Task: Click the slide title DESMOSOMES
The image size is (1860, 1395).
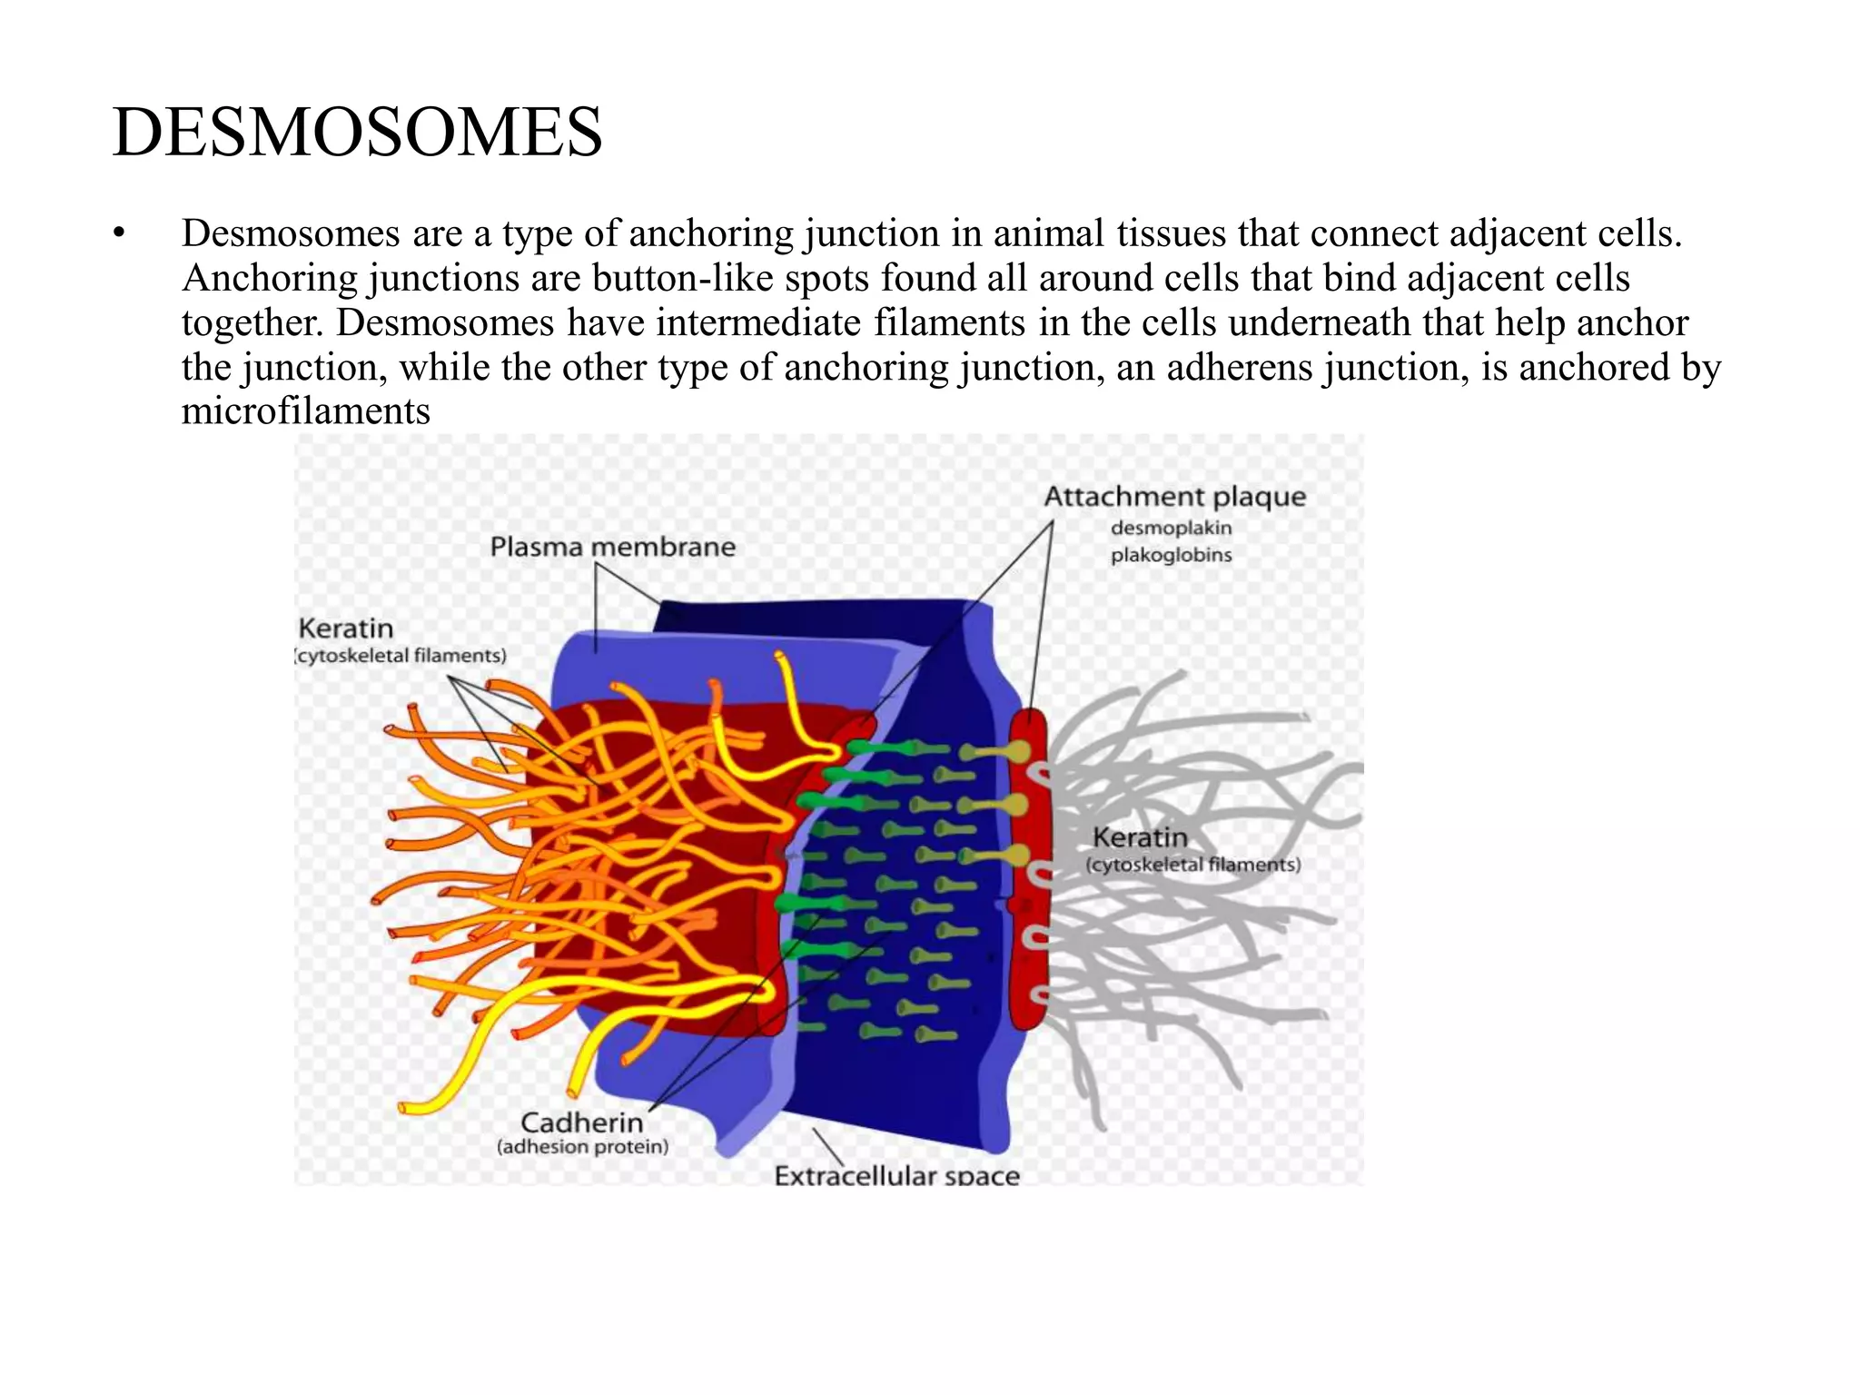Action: pyautogui.click(x=357, y=133)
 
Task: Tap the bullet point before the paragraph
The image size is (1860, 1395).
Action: pyautogui.click(x=117, y=234)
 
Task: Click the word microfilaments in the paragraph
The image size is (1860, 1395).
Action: pyautogui.click(x=305, y=411)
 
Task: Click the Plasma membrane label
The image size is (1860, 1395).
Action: pyautogui.click(x=612, y=547)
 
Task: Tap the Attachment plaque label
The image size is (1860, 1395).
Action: pyautogui.click(x=1174, y=497)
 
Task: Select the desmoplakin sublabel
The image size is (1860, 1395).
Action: pyautogui.click(x=1171, y=528)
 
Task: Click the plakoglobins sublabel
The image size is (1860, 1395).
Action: pyautogui.click(x=1171, y=555)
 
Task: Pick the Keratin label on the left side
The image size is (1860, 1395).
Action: pyautogui.click(x=346, y=628)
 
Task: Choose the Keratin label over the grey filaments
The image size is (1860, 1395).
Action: pyautogui.click(x=1140, y=837)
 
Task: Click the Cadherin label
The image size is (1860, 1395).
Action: pyautogui.click(x=581, y=1123)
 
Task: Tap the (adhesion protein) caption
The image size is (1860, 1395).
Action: pyautogui.click(x=582, y=1147)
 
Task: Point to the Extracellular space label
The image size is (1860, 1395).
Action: pyautogui.click(x=896, y=1175)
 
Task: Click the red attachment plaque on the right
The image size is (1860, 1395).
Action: pyautogui.click(x=1028, y=872)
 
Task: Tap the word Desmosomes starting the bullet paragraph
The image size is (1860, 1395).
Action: pyautogui.click(x=291, y=234)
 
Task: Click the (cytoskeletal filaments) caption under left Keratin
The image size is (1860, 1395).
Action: pyautogui.click(x=401, y=656)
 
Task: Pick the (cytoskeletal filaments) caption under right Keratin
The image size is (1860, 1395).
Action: pyautogui.click(x=1193, y=865)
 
